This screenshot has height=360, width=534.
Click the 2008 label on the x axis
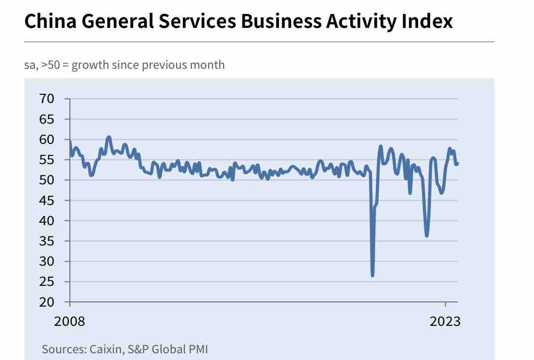(x=69, y=321)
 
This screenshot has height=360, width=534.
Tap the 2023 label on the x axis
(x=445, y=321)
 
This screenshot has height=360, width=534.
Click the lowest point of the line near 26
(x=372, y=275)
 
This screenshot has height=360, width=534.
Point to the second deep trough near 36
(x=427, y=235)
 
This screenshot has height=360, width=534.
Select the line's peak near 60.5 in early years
(x=109, y=137)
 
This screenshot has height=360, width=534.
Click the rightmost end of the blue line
(x=458, y=163)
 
